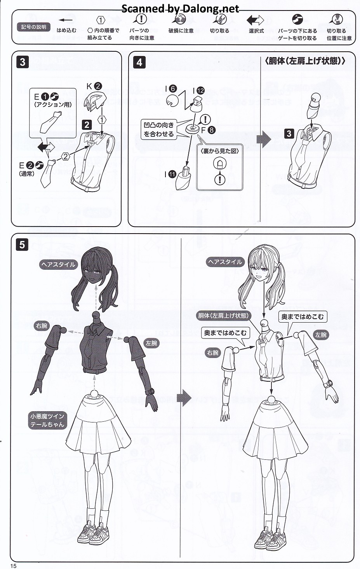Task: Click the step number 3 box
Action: click(x=23, y=62)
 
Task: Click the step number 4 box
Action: click(x=139, y=63)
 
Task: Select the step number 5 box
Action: click(x=22, y=244)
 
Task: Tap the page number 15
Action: click(x=14, y=566)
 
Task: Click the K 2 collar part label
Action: click(x=94, y=86)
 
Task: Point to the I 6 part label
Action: click(x=171, y=89)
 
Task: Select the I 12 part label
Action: click(x=198, y=91)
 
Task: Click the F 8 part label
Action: click(x=208, y=130)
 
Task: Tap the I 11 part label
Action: click(x=170, y=174)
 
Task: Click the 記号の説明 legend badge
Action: click(x=33, y=27)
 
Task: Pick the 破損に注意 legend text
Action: click(x=181, y=31)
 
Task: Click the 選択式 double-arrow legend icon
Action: click(x=256, y=20)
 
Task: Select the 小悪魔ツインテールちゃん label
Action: click(x=47, y=421)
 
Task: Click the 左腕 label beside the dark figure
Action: click(x=151, y=343)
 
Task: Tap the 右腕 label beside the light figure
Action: click(x=213, y=353)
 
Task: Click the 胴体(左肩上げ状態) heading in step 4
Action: click(x=304, y=61)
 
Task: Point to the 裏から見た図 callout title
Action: click(x=219, y=151)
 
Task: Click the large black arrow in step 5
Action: click(x=184, y=398)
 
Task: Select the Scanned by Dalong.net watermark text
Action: click(x=180, y=9)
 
